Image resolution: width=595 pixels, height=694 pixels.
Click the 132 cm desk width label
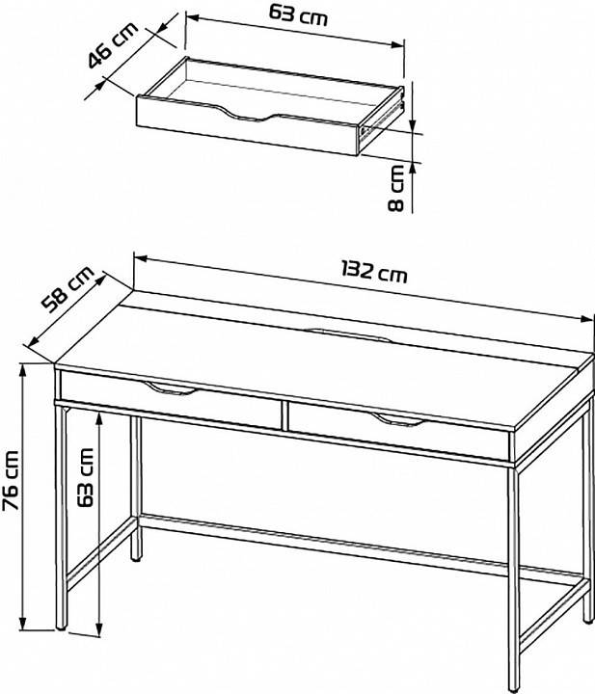tap(374, 271)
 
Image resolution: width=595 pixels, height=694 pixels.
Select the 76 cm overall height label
tap(11, 480)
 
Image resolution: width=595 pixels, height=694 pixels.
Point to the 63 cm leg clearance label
tap(86, 477)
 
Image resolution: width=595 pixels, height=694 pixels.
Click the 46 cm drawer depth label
tap(113, 44)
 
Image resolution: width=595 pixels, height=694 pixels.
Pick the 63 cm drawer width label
tap(298, 15)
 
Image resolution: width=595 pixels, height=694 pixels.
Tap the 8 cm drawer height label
tap(395, 188)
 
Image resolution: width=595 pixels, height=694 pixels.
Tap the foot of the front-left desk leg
tap(61, 625)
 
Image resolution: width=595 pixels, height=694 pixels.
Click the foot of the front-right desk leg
tap(514, 688)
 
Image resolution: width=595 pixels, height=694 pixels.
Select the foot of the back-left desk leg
tap(136, 558)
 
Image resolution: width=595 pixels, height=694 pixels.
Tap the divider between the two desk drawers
tap(284, 414)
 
